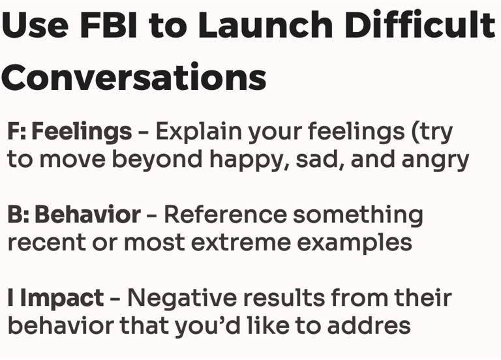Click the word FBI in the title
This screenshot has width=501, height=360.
(109, 25)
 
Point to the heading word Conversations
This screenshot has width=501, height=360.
(134, 77)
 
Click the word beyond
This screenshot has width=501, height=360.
(157, 160)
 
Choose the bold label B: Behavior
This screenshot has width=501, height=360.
(74, 215)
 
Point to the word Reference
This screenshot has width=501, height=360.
(225, 215)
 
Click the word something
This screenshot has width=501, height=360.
(358, 216)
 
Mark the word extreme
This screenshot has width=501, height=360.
(241, 243)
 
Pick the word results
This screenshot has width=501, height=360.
(283, 298)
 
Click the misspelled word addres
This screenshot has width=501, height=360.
(369, 325)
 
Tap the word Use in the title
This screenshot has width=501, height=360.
(35, 25)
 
